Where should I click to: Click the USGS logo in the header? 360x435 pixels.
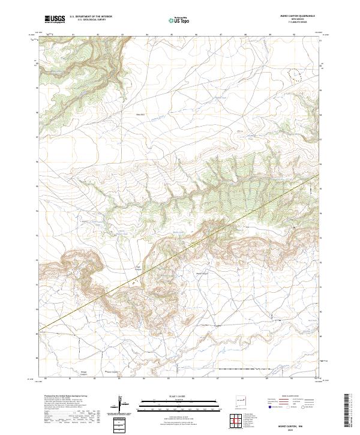(x=55, y=19)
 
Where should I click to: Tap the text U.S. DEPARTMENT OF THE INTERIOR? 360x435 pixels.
(x=90, y=17)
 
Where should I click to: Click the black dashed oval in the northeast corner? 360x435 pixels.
(x=294, y=74)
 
